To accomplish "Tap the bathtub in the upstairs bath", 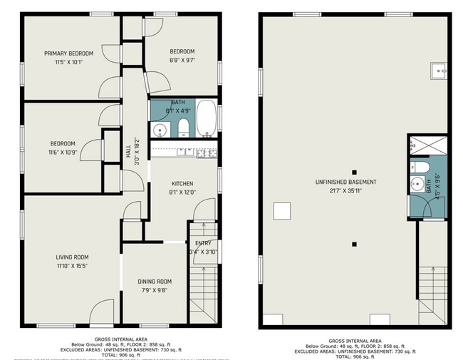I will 206,119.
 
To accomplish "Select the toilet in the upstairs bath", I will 183,128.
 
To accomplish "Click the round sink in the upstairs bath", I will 160,130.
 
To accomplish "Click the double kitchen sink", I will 185,151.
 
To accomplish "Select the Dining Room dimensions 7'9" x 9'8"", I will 155,290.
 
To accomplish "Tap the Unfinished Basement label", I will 346,182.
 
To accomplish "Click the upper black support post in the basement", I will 354,172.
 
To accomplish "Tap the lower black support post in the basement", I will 354,245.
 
